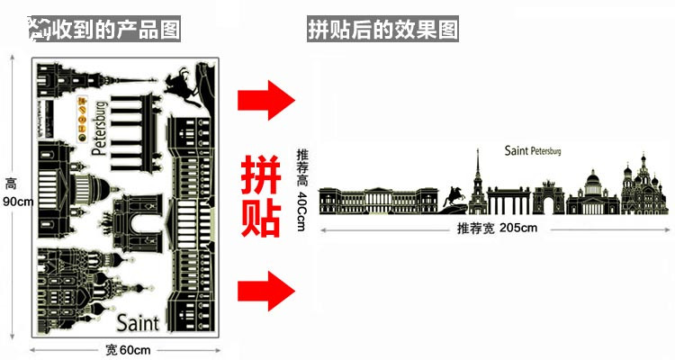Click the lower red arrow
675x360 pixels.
click(266, 290)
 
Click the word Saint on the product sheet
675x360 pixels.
click(138, 322)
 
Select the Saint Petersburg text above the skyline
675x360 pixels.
click(532, 151)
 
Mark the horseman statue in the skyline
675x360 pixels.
click(456, 196)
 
